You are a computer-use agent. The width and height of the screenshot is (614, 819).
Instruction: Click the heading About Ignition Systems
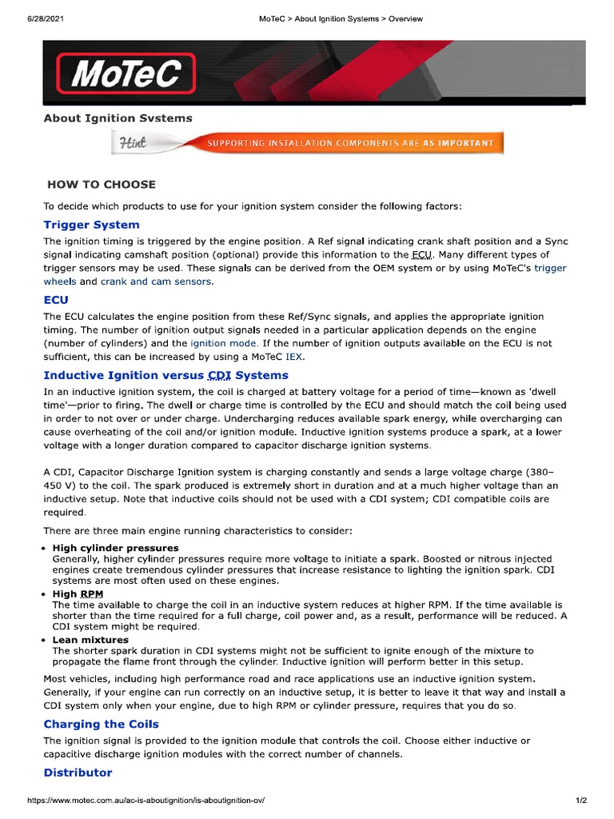tap(118, 118)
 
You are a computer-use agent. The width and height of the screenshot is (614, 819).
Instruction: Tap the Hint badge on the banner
tap(134, 143)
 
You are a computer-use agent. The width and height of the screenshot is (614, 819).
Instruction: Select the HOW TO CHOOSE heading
tap(101, 184)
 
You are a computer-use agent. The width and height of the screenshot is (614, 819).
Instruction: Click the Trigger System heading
tap(91, 225)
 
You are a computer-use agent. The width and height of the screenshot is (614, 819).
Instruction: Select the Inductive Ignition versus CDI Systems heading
tap(165, 375)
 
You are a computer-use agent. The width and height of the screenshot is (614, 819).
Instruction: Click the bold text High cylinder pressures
tap(115, 548)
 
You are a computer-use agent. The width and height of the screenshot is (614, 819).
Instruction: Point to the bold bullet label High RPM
tap(76, 594)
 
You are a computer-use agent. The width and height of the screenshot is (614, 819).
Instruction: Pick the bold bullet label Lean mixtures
tap(90, 641)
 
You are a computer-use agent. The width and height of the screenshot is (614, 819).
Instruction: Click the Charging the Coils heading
tap(101, 725)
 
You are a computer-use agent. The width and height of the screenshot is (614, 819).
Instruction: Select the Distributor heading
tap(78, 773)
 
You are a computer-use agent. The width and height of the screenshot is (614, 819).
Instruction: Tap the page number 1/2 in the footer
tap(581, 801)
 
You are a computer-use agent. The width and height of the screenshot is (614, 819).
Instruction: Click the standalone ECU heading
tap(56, 301)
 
